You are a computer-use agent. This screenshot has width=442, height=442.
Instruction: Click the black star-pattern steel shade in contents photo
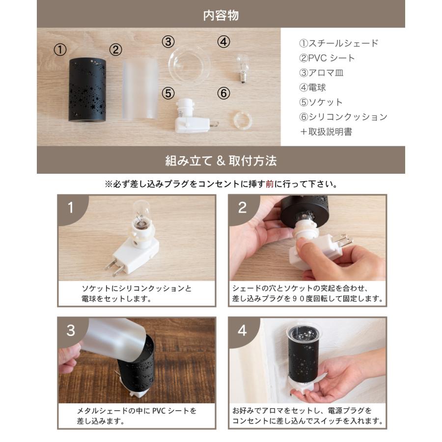87,90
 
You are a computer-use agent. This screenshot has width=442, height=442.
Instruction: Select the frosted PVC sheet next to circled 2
140,90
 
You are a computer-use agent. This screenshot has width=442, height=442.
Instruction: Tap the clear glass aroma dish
189,65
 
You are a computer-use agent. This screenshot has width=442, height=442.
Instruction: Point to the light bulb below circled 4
242,68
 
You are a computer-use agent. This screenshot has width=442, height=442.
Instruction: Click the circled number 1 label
60,50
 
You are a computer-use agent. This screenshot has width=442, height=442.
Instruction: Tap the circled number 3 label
168,42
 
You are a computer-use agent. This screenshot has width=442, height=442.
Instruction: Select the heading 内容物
221,15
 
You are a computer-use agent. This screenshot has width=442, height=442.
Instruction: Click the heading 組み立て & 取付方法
221,161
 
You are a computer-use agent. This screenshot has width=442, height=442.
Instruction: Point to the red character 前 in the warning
270,184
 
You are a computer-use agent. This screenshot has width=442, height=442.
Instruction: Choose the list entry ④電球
312,87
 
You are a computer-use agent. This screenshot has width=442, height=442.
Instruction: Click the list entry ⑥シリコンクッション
343,117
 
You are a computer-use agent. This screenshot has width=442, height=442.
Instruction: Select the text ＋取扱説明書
326,132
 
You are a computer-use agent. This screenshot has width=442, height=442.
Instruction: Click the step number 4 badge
242,330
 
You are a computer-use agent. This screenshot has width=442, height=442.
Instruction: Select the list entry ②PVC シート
327,58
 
